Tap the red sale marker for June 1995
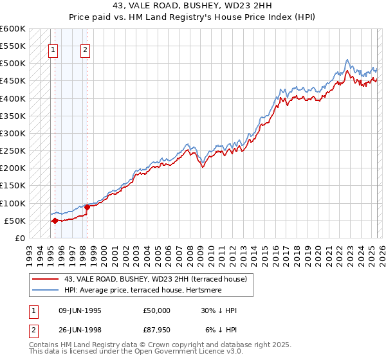point(55,221)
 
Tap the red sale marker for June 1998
point(87,207)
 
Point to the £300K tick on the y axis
point(13,133)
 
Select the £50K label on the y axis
point(15,221)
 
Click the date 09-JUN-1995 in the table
point(80,310)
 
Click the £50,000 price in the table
point(157,310)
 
